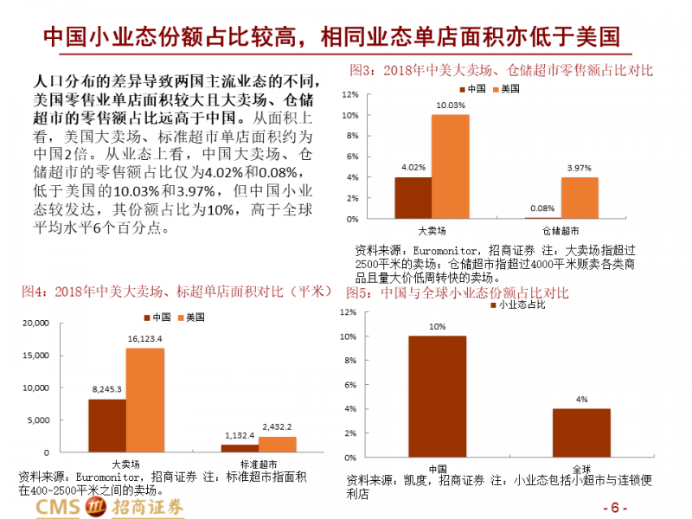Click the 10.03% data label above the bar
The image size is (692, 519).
pyautogui.click(x=450, y=106)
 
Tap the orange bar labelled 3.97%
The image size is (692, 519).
pyautogui.click(x=580, y=197)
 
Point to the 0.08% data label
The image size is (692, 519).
pyautogui.click(x=542, y=208)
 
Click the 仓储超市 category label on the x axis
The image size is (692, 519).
pyautogui.click(x=561, y=231)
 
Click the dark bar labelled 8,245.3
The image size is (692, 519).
pyautogui.click(x=107, y=425)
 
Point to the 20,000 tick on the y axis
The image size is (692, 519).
pyautogui.click(x=35, y=324)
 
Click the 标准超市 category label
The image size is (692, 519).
pyautogui.click(x=257, y=465)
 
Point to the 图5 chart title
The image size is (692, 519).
pyautogui.click(x=458, y=293)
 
